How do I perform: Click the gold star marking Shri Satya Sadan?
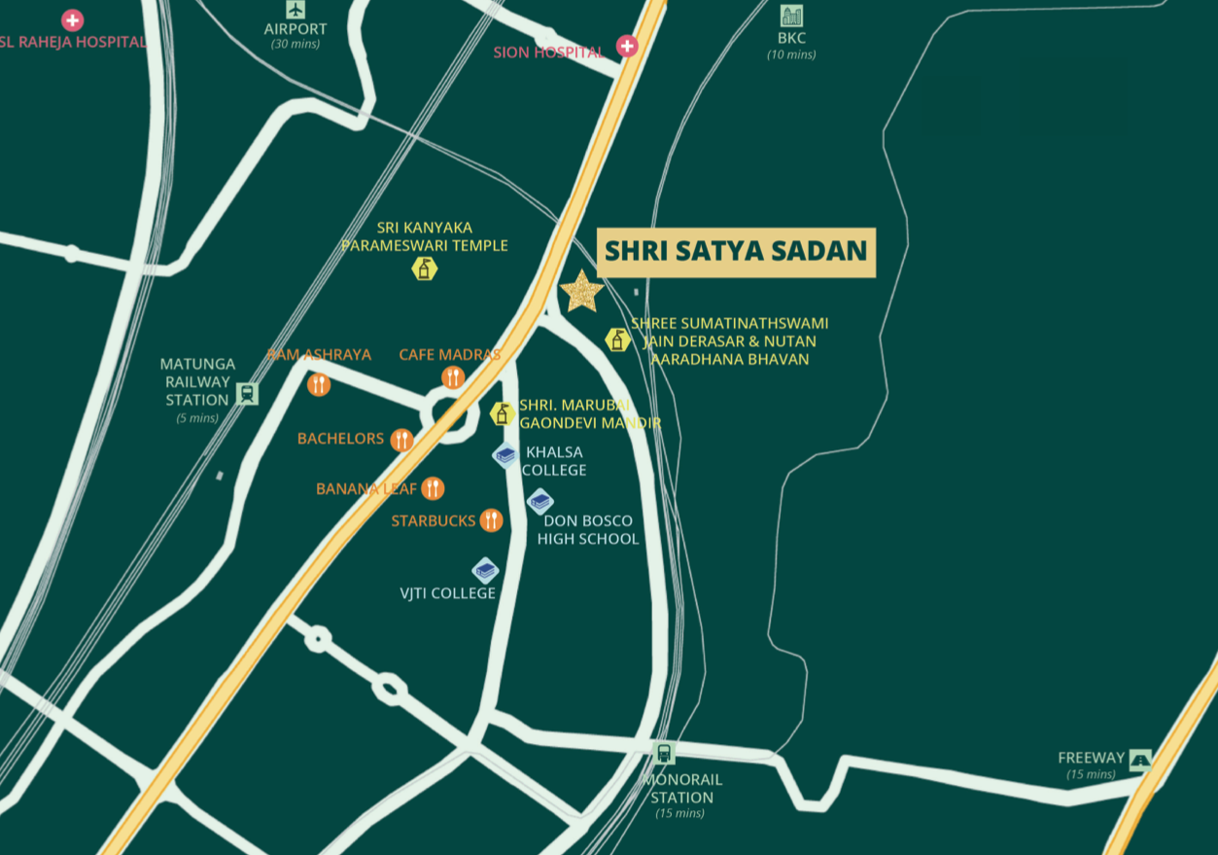click(581, 291)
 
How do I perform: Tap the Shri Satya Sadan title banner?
click(736, 251)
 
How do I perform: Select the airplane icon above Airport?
click(296, 10)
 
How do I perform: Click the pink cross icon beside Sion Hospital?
click(627, 46)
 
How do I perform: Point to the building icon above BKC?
click(791, 16)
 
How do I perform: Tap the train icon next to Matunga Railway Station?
click(247, 394)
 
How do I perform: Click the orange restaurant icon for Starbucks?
click(491, 520)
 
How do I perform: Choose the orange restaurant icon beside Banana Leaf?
click(433, 488)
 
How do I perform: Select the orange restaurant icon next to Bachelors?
click(401, 440)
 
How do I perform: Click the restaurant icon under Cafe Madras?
click(453, 377)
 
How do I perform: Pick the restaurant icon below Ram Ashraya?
click(319, 384)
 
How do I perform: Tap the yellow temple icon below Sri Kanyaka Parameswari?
click(424, 268)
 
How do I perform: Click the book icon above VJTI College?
click(485, 570)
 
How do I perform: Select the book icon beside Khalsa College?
click(505, 454)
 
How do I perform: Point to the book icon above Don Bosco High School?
click(540, 501)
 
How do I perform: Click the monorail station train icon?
click(664, 753)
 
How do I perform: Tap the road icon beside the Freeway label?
click(1140, 760)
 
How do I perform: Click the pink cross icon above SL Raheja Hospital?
click(72, 19)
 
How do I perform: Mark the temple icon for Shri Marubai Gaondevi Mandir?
click(503, 413)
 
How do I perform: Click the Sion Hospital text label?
click(548, 53)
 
